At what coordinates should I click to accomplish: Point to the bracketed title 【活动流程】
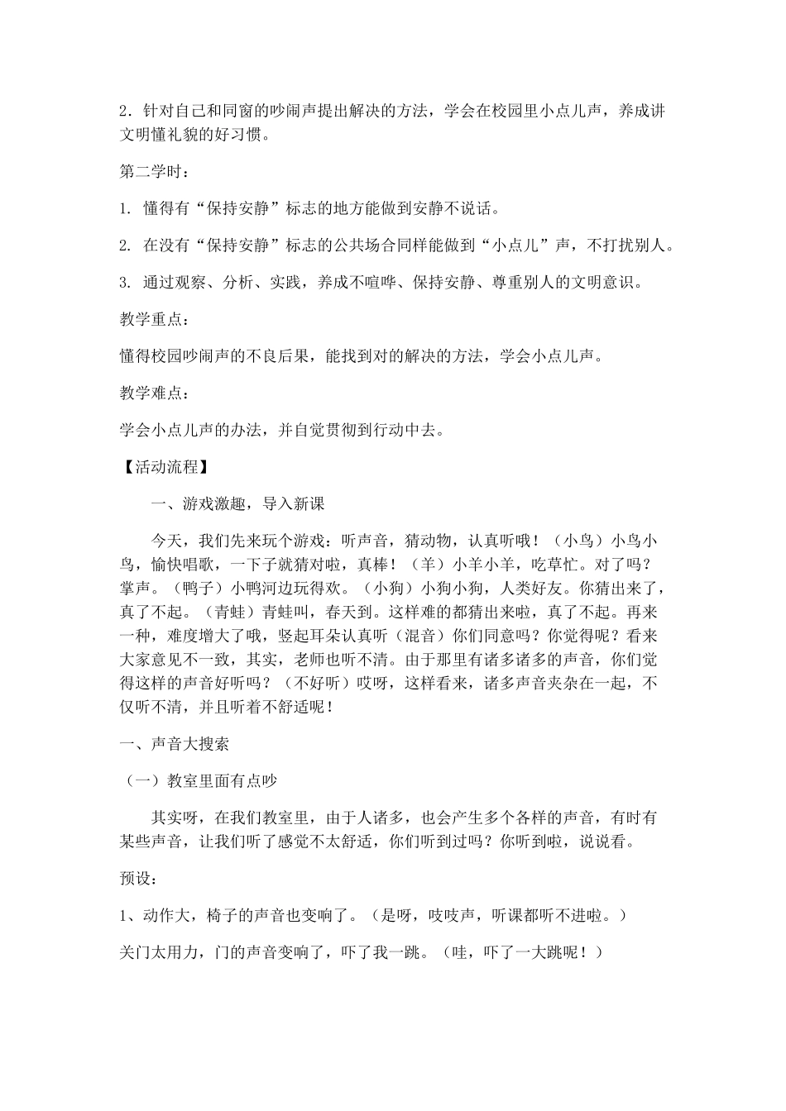(163, 466)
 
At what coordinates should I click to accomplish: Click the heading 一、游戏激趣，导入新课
(237, 503)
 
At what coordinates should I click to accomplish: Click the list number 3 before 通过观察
(125, 283)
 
